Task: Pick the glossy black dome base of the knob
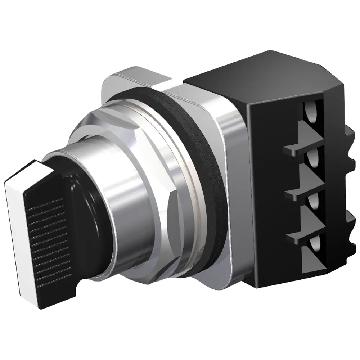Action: coord(86,202)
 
